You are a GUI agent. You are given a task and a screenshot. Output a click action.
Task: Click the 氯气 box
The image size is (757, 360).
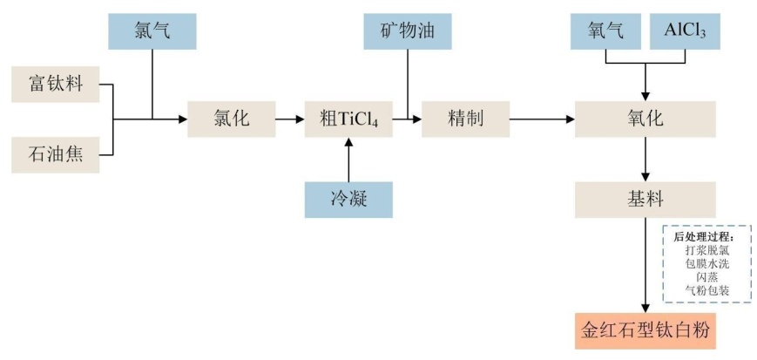(152, 31)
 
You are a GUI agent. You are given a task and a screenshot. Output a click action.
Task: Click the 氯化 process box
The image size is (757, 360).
(231, 119)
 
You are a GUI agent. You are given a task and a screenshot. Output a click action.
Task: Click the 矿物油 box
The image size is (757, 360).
(408, 31)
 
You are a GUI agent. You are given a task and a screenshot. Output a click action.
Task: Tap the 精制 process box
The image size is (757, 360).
(465, 119)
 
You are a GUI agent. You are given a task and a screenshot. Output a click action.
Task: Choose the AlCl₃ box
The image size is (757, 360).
(685, 31)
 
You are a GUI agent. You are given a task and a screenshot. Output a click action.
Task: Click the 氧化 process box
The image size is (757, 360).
(645, 119)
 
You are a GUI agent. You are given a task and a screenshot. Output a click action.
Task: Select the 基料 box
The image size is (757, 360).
(645, 200)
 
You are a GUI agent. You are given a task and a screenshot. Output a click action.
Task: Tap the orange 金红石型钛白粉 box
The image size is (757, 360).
(645, 331)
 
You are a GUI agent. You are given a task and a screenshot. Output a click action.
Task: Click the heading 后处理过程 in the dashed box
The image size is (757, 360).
(705, 236)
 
